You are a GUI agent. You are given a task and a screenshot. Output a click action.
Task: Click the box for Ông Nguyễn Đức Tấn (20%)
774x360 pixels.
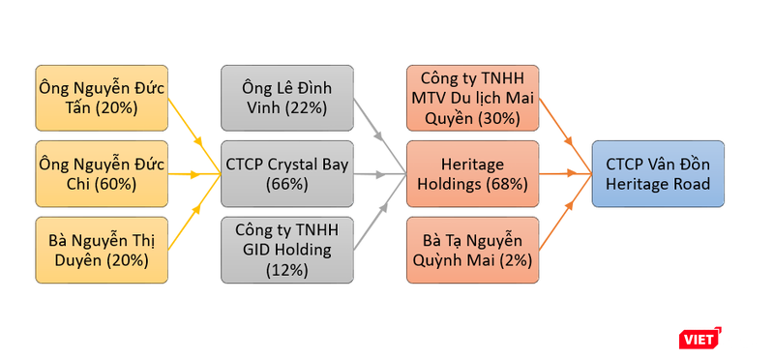click(101, 98)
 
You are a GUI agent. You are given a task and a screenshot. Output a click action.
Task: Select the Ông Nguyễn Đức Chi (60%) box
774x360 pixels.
click(101, 173)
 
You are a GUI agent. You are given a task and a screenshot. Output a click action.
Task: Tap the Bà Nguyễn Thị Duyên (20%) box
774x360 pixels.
click(101, 249)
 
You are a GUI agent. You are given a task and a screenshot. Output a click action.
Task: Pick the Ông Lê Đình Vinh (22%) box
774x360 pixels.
click(286, 98)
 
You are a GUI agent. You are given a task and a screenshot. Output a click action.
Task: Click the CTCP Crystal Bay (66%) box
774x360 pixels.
click(286, 173)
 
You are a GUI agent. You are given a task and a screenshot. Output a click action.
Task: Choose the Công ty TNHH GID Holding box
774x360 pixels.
click(286, 249)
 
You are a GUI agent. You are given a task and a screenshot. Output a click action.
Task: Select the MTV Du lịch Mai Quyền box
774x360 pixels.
click(472, 98)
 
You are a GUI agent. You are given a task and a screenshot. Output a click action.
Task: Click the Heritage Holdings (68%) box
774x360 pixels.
click(472, 173)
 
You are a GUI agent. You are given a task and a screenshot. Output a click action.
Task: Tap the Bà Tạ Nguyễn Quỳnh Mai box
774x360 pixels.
click(472, 249)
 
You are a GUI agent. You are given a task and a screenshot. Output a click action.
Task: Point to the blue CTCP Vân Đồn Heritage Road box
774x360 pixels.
click(658, 173)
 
